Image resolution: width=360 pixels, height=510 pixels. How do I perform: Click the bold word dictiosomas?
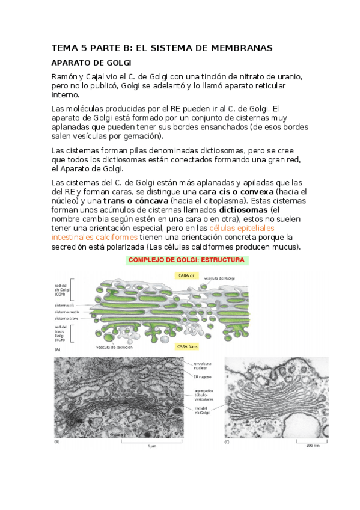tap(243, 210)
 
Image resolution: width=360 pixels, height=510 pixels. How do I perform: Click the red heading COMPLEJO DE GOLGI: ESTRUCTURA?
tap(187, 260)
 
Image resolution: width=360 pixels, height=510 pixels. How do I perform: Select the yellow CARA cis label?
tap(186, 275)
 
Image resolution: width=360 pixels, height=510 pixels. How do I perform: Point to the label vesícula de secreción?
tap(114, 347)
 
